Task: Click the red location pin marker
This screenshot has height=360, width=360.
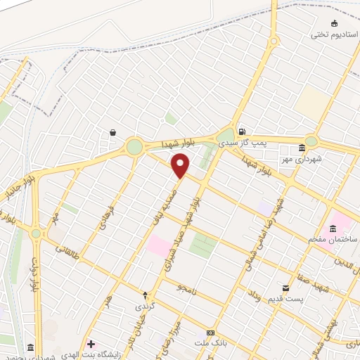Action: point(181,166)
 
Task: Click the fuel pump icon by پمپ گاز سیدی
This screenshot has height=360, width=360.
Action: point(242,131)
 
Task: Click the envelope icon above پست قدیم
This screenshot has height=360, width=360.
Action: point(285,288)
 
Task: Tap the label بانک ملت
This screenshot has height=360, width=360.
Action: point(210,343)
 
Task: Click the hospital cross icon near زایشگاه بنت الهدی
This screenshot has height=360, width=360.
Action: point(91,343)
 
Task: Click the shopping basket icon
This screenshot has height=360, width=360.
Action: point(112,132)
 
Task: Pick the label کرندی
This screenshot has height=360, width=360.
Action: point(144,308)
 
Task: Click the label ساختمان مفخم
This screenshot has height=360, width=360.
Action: point(333,240)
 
